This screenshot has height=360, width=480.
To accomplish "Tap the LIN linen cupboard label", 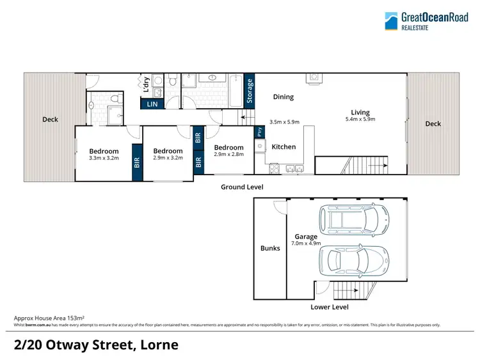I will (152, 104).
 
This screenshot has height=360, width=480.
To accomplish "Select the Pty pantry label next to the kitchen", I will (259, 132).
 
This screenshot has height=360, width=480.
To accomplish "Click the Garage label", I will (306, 237).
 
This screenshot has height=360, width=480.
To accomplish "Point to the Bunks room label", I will (270, 248).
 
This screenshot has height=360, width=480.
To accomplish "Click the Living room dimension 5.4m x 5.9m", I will (360, 119).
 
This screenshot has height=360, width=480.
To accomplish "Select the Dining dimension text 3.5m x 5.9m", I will (284, 122).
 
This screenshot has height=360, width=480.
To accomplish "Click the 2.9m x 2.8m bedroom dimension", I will (228, 154).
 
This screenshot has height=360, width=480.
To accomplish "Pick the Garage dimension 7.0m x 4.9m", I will (306, 244).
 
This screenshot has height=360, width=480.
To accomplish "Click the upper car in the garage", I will (356, 221).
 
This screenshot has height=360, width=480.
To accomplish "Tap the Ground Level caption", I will (242, 187).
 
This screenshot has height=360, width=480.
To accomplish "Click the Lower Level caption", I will (329, 307).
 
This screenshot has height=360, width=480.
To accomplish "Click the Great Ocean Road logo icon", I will (391, 20).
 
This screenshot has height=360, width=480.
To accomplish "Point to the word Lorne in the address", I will (157, 345).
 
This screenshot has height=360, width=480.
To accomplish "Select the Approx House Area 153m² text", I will (49, 318).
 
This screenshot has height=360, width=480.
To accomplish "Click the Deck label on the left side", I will (51, 119).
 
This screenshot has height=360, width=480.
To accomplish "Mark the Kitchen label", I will (284, 146).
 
